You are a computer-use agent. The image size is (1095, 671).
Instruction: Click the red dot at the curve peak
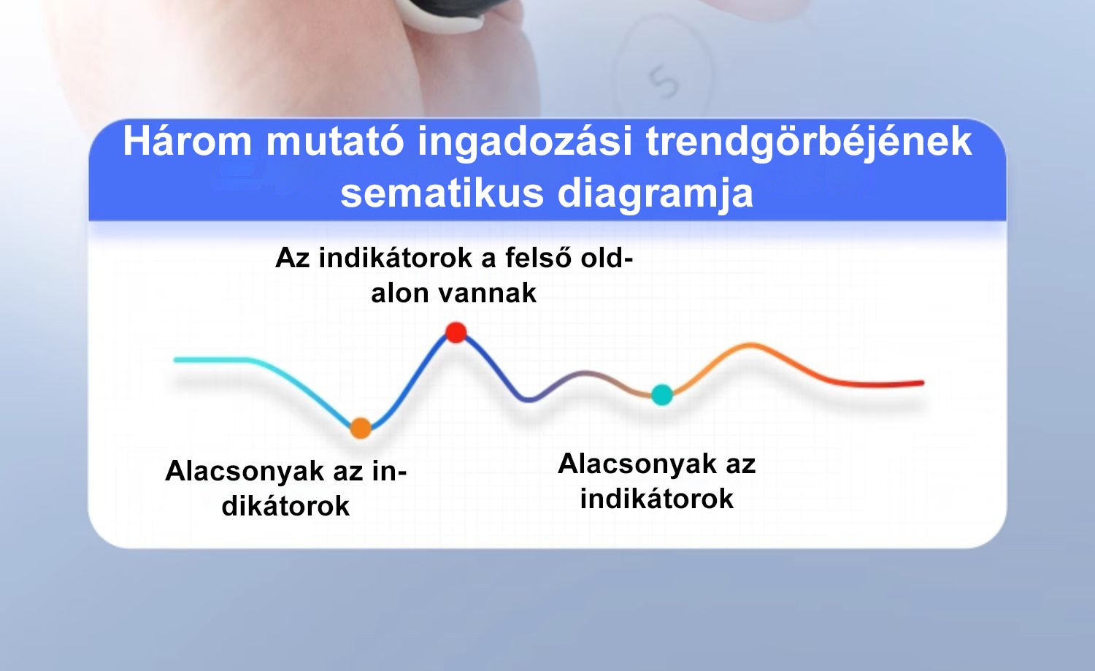coord(456,332)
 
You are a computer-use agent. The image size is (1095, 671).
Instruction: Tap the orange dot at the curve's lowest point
coord(361,429)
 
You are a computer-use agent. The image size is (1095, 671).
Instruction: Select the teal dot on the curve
coord(662,395)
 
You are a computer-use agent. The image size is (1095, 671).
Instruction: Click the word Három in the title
coord(187,142)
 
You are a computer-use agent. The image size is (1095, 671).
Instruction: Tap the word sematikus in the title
coord(442,193)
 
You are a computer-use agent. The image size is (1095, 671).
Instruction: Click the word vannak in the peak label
coord(487,294)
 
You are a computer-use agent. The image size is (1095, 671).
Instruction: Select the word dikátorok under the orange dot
coord(285,506)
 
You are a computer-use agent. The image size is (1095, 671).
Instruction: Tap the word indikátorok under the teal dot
coord(656,499)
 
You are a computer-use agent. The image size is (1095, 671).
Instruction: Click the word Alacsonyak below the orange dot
coord(245,472)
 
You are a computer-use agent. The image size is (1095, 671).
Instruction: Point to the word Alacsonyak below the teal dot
coord(637,464)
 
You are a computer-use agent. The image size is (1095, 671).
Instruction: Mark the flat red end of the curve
coord(880,384)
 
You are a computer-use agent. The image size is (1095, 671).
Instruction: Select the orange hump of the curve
coord(750,345)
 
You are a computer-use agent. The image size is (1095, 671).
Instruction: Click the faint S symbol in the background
coord(664,83)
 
